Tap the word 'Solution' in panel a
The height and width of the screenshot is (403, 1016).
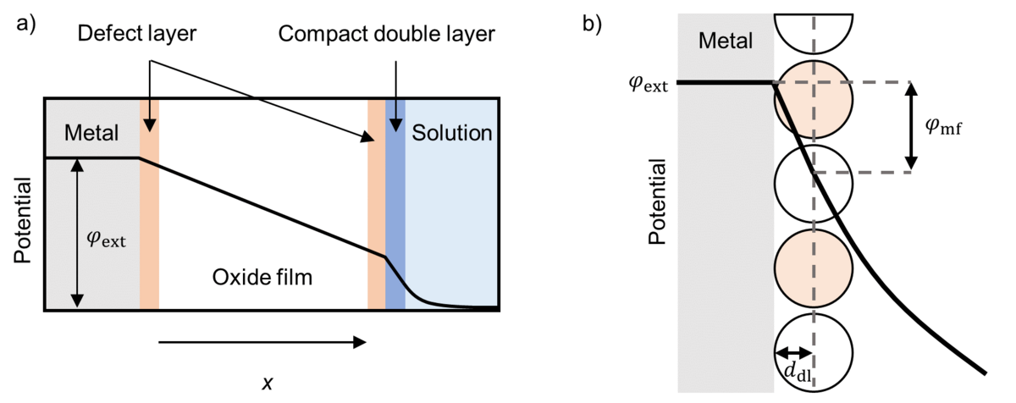pos(451,132)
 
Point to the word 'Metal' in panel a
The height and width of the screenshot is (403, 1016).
pos(89,132)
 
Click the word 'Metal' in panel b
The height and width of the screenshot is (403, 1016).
pos(725,40)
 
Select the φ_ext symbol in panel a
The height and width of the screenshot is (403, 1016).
pos(107,240)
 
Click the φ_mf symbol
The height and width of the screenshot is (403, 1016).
pos(944,127)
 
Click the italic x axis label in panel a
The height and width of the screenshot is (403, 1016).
pos(267,383)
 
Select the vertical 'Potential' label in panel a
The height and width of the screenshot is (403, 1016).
pos(23,220)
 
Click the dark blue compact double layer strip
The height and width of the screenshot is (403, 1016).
pos(395,203)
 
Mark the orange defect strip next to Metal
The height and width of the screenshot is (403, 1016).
pos(149,203)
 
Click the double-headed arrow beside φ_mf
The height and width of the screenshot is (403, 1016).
pos(911,127)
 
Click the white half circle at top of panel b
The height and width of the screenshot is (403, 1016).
pos(813,30)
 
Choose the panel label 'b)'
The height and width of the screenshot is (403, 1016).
pos(594,23)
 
